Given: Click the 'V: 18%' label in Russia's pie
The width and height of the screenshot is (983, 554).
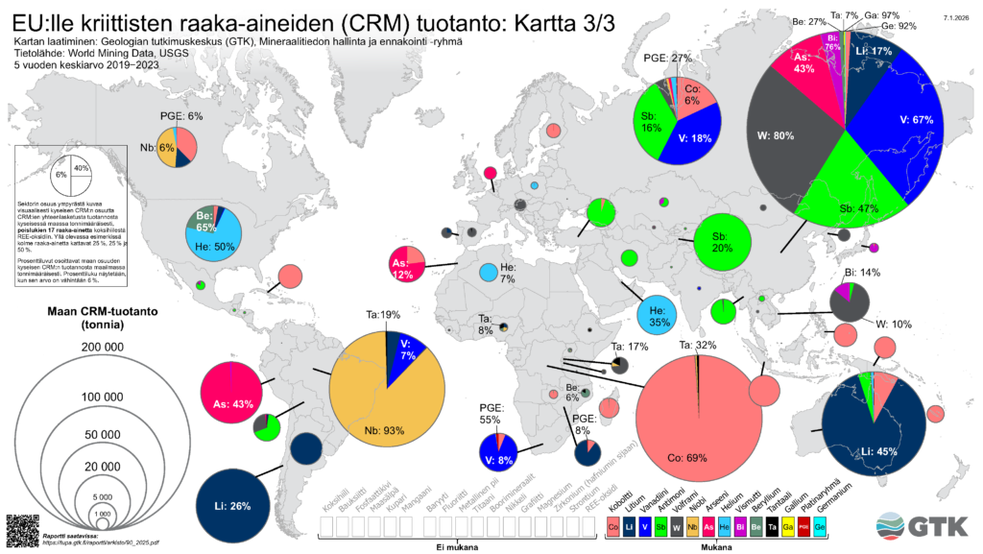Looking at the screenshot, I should pos(701,138).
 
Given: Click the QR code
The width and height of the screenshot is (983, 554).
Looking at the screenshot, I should pos(21,530).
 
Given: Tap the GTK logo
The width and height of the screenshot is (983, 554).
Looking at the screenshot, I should pos(924,527).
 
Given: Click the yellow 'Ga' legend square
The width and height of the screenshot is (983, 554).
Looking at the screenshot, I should pos(787,527).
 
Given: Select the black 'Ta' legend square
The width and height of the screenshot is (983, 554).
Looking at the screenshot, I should pos(772,527).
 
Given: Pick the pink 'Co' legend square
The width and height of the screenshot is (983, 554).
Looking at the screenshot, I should pos(612,527).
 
